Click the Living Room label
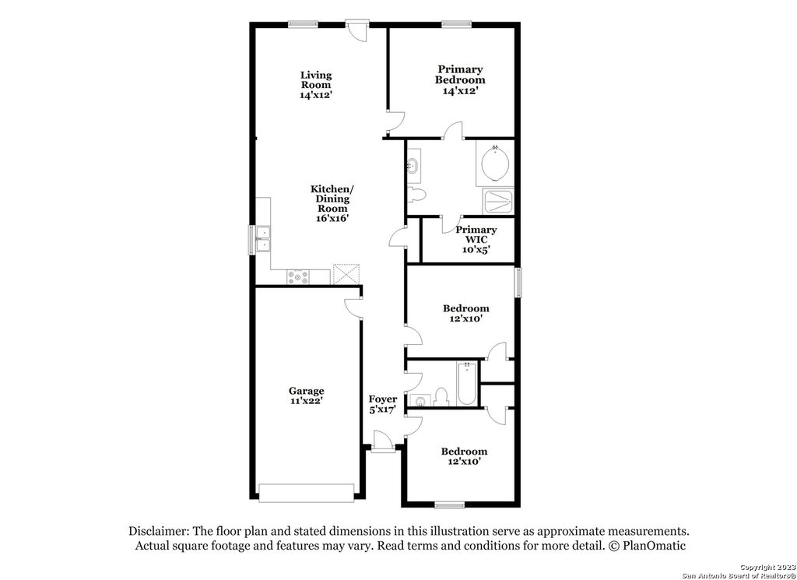point(316,80)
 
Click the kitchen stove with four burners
point(298,276)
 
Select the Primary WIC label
point(476,234)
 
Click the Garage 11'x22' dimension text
point(306,401)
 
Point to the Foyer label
point(382,399)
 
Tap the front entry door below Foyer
point(383,446)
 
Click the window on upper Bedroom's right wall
point(518,281)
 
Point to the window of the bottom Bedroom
point(448,504)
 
